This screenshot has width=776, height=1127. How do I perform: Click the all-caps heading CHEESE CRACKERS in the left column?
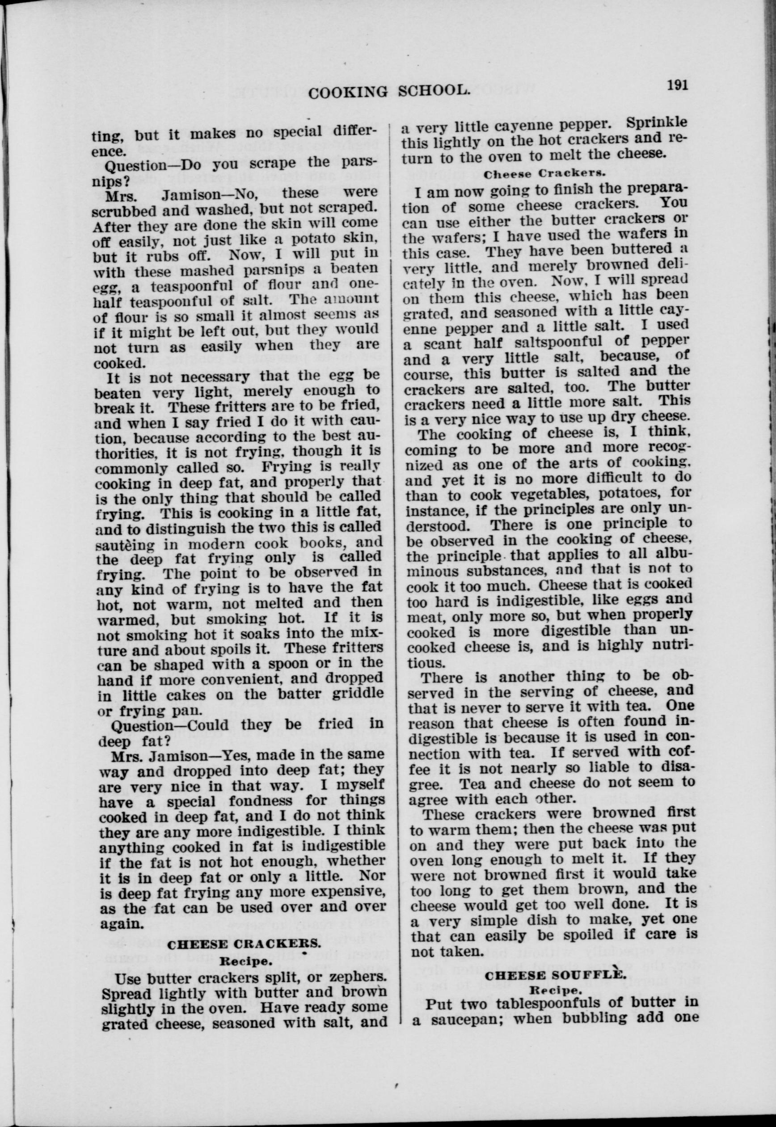[244, 945]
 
